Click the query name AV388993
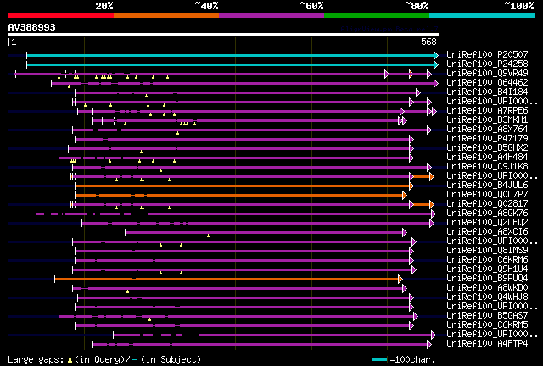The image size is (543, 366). coord(32,27)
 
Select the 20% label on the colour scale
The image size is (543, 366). coord(104,5)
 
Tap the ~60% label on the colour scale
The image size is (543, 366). coord(311,5)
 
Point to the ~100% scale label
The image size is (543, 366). coord(518,5)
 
